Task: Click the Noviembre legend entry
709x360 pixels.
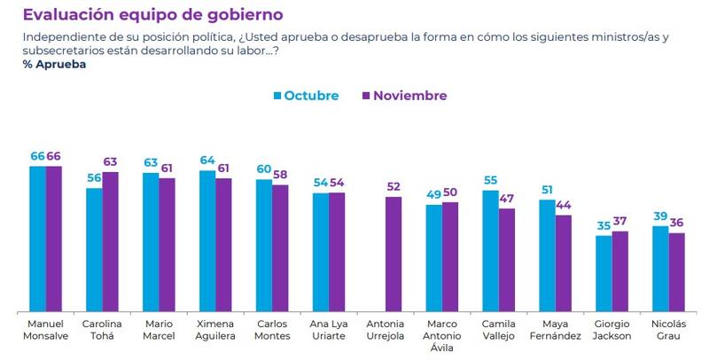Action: point(404,96)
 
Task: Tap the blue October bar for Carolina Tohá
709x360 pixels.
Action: point(94,249)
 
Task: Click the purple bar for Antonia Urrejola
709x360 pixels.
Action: point(393,254)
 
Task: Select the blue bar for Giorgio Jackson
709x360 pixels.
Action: point(604,273)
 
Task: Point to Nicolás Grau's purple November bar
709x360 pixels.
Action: point(677,271)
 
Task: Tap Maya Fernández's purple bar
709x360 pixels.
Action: point(564,262)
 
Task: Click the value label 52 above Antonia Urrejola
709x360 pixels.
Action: point(393,187)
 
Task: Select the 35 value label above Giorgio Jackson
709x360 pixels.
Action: point(603,225)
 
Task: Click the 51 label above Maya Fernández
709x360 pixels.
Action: point(547,190)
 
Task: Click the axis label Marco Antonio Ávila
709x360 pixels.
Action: point(442,334)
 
